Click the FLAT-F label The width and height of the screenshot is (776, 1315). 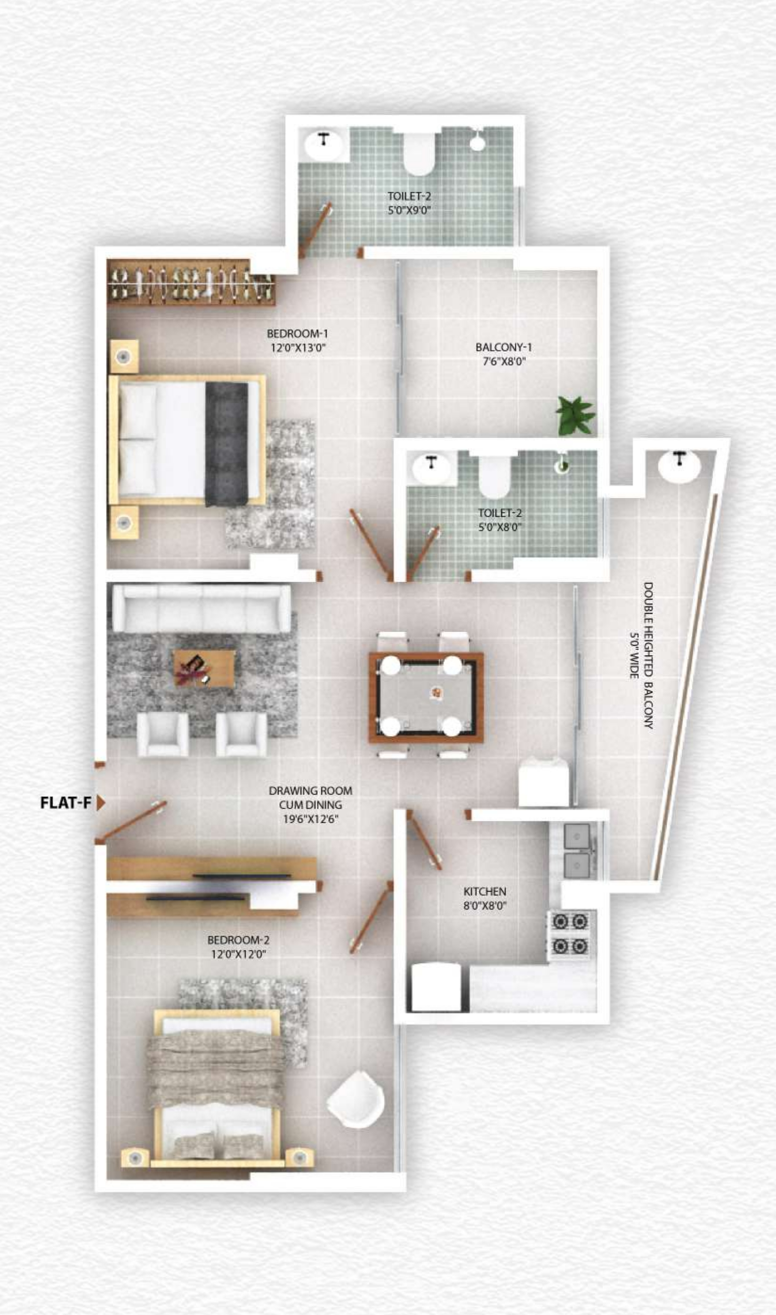[x=65, y=803]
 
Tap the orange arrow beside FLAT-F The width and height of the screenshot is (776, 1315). [x=101, y=803]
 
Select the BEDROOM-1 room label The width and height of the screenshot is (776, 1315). [x=297, y=333]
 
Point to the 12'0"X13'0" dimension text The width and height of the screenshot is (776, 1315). [x=298, y=348]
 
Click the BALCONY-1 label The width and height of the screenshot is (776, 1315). [x=503, y=347]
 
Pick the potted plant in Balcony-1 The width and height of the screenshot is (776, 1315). [x=575, y=416]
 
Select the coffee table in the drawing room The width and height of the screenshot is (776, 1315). [x=204, y=668]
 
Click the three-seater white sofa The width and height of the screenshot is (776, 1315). [x=202, y=608]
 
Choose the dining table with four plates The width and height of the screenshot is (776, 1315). [x=426, y=697]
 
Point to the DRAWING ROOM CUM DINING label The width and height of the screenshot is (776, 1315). [x=310, y=798]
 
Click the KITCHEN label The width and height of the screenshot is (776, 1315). [x=485, y=892]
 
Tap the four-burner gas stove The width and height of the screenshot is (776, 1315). [x=570, y=934]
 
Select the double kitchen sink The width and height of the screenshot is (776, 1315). [x=577, y=851]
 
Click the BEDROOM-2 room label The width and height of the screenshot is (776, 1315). [x=238, y=940]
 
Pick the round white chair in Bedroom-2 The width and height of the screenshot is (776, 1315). [x=356, y=1100]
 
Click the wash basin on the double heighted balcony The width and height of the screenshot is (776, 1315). [x=679, y=466]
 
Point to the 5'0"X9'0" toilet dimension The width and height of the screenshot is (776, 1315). [x=409, y=210]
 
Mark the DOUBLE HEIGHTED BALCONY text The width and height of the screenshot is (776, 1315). [x=648, y=655]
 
